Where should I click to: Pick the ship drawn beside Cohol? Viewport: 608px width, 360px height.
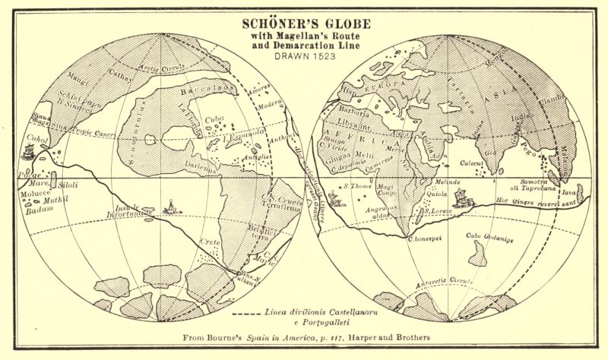[x=30, y=150]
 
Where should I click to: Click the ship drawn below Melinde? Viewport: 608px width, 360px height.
[x=461, y=198]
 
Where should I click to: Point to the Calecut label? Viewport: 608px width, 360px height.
[x=475, y=163]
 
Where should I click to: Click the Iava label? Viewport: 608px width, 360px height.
[x=569, y=193]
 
